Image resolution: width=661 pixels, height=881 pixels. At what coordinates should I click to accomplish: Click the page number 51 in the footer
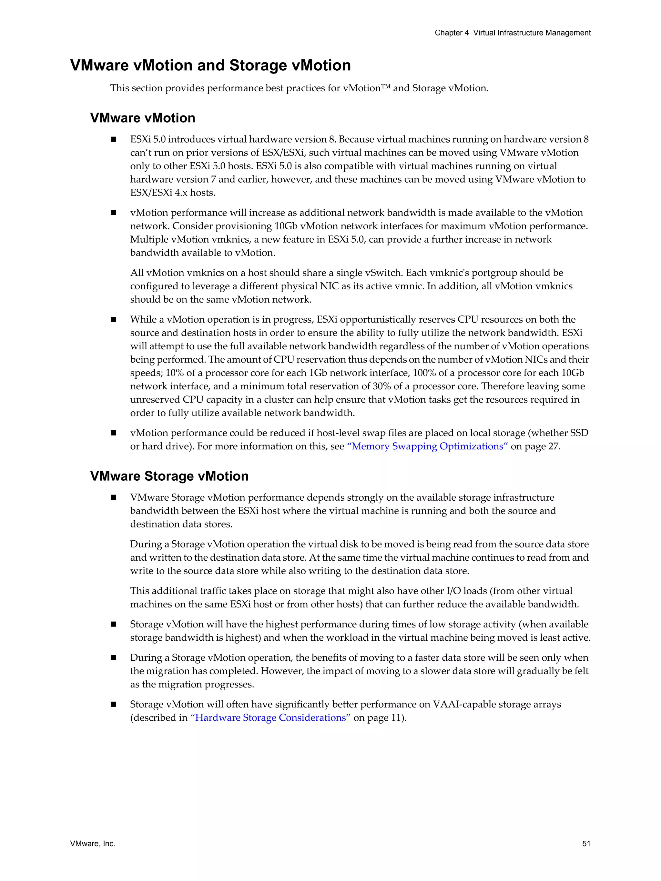pyautogui.click(x=586, y=844)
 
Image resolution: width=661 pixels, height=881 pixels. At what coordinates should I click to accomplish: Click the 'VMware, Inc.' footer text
pyautogui.click(x=92, y=844)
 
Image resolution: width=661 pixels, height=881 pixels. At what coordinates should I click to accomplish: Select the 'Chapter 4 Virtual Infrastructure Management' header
pyautogui.click(x=513, y=33)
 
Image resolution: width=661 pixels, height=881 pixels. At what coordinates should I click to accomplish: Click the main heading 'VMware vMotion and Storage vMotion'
pyautogui.click(x=210, y=65)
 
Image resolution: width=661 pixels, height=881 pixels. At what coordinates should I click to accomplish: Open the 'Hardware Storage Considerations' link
pyautogui.click(x=270, y=718)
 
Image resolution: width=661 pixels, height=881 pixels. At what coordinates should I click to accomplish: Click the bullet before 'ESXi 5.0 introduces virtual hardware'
pyautogui.click(x=114, y=139)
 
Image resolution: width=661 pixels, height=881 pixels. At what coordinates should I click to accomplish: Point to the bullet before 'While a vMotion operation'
pyautogui.click(x=114, y=319)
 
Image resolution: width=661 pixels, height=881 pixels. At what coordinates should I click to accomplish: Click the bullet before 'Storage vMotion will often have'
pyautogui.click(x=114, y=705)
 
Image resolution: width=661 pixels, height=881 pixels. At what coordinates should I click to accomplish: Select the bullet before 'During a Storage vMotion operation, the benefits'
pyautogui.click(x=114, y=658)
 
